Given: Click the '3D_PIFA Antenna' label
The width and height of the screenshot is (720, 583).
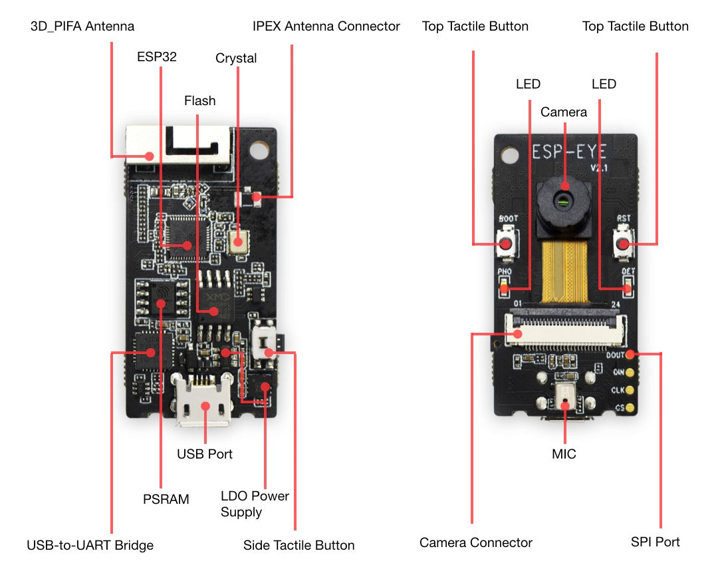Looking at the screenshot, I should [x=82, y=27].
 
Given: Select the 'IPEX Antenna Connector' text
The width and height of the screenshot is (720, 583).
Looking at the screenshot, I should [x=326, y=27].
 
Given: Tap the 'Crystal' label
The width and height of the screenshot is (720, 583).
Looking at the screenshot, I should [x=236, y=59].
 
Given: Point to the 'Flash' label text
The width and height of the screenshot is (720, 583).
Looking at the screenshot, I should [x=199, y=100].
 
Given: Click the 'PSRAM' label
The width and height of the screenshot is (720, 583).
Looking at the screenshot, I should [x=166, y=498].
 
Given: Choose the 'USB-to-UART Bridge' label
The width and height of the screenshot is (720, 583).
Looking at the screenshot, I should [x=90, y=545].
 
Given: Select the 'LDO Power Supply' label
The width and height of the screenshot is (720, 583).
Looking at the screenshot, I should [x=255, y=504].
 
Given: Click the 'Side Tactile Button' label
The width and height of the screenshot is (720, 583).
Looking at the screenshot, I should [x=299, y=545].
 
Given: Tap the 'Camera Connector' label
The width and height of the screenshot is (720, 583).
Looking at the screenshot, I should [x=475, y=542].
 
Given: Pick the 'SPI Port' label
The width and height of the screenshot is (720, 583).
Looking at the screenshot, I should [x=655, y=542].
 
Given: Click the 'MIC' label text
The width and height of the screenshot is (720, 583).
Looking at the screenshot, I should [x=564, y=454].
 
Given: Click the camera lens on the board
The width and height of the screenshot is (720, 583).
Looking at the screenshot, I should [x=564, y=199].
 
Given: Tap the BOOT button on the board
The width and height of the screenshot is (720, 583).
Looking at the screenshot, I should [x=506, y=244].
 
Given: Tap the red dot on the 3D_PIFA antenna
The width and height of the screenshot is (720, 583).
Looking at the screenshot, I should [x=150, y=156].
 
